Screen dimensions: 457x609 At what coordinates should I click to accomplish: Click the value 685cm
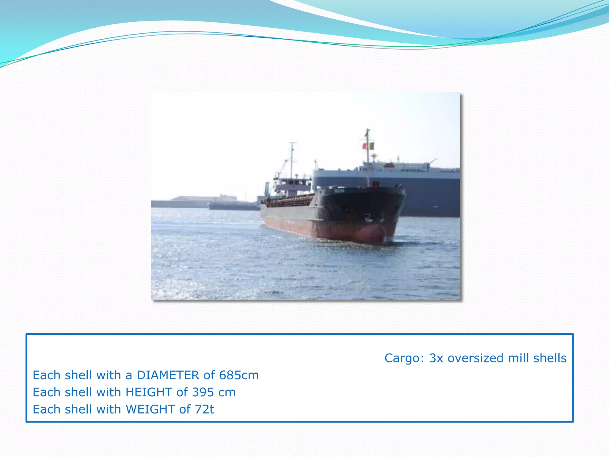[x=239, y=375]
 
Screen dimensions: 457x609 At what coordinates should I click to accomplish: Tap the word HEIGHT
[x=149, y=392]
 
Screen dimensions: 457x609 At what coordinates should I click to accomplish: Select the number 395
[x=203, y=392]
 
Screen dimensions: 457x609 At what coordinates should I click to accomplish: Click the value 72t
[x=204, y=409]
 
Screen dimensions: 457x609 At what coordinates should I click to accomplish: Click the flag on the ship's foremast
[x=368, y=146]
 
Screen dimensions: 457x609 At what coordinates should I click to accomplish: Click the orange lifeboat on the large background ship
[x=389, y=165]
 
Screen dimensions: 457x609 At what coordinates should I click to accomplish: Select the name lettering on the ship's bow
[x=339, y=191]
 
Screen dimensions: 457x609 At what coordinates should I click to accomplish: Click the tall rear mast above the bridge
[x=292, y=158]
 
